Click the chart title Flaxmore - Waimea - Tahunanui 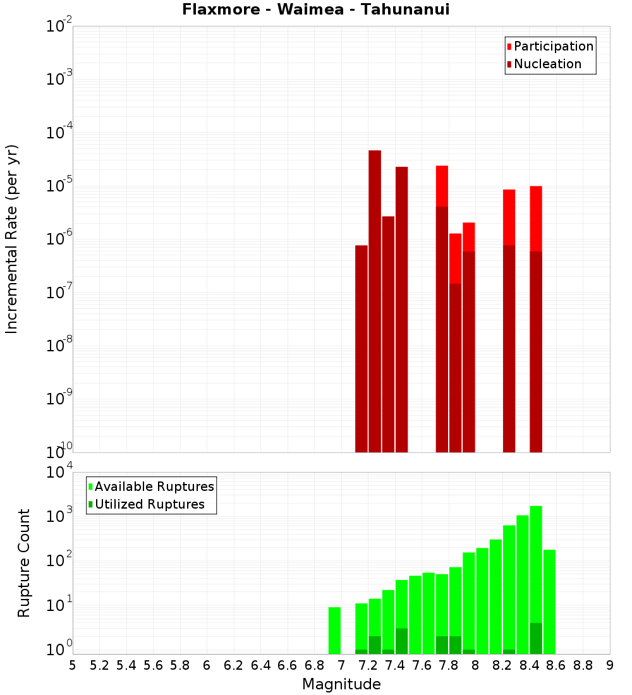point(315,9)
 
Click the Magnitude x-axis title point(341,684)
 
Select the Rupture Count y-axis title point(24,563)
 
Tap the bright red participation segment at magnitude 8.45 point(536,218)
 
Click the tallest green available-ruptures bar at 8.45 point(536,562)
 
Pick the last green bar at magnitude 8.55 point(549,600)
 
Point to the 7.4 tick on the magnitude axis point(395,665)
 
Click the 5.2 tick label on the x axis point(99,665)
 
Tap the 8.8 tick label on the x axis point(583,665)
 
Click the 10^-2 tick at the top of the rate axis point(59,27)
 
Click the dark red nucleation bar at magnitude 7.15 point(362,347)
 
